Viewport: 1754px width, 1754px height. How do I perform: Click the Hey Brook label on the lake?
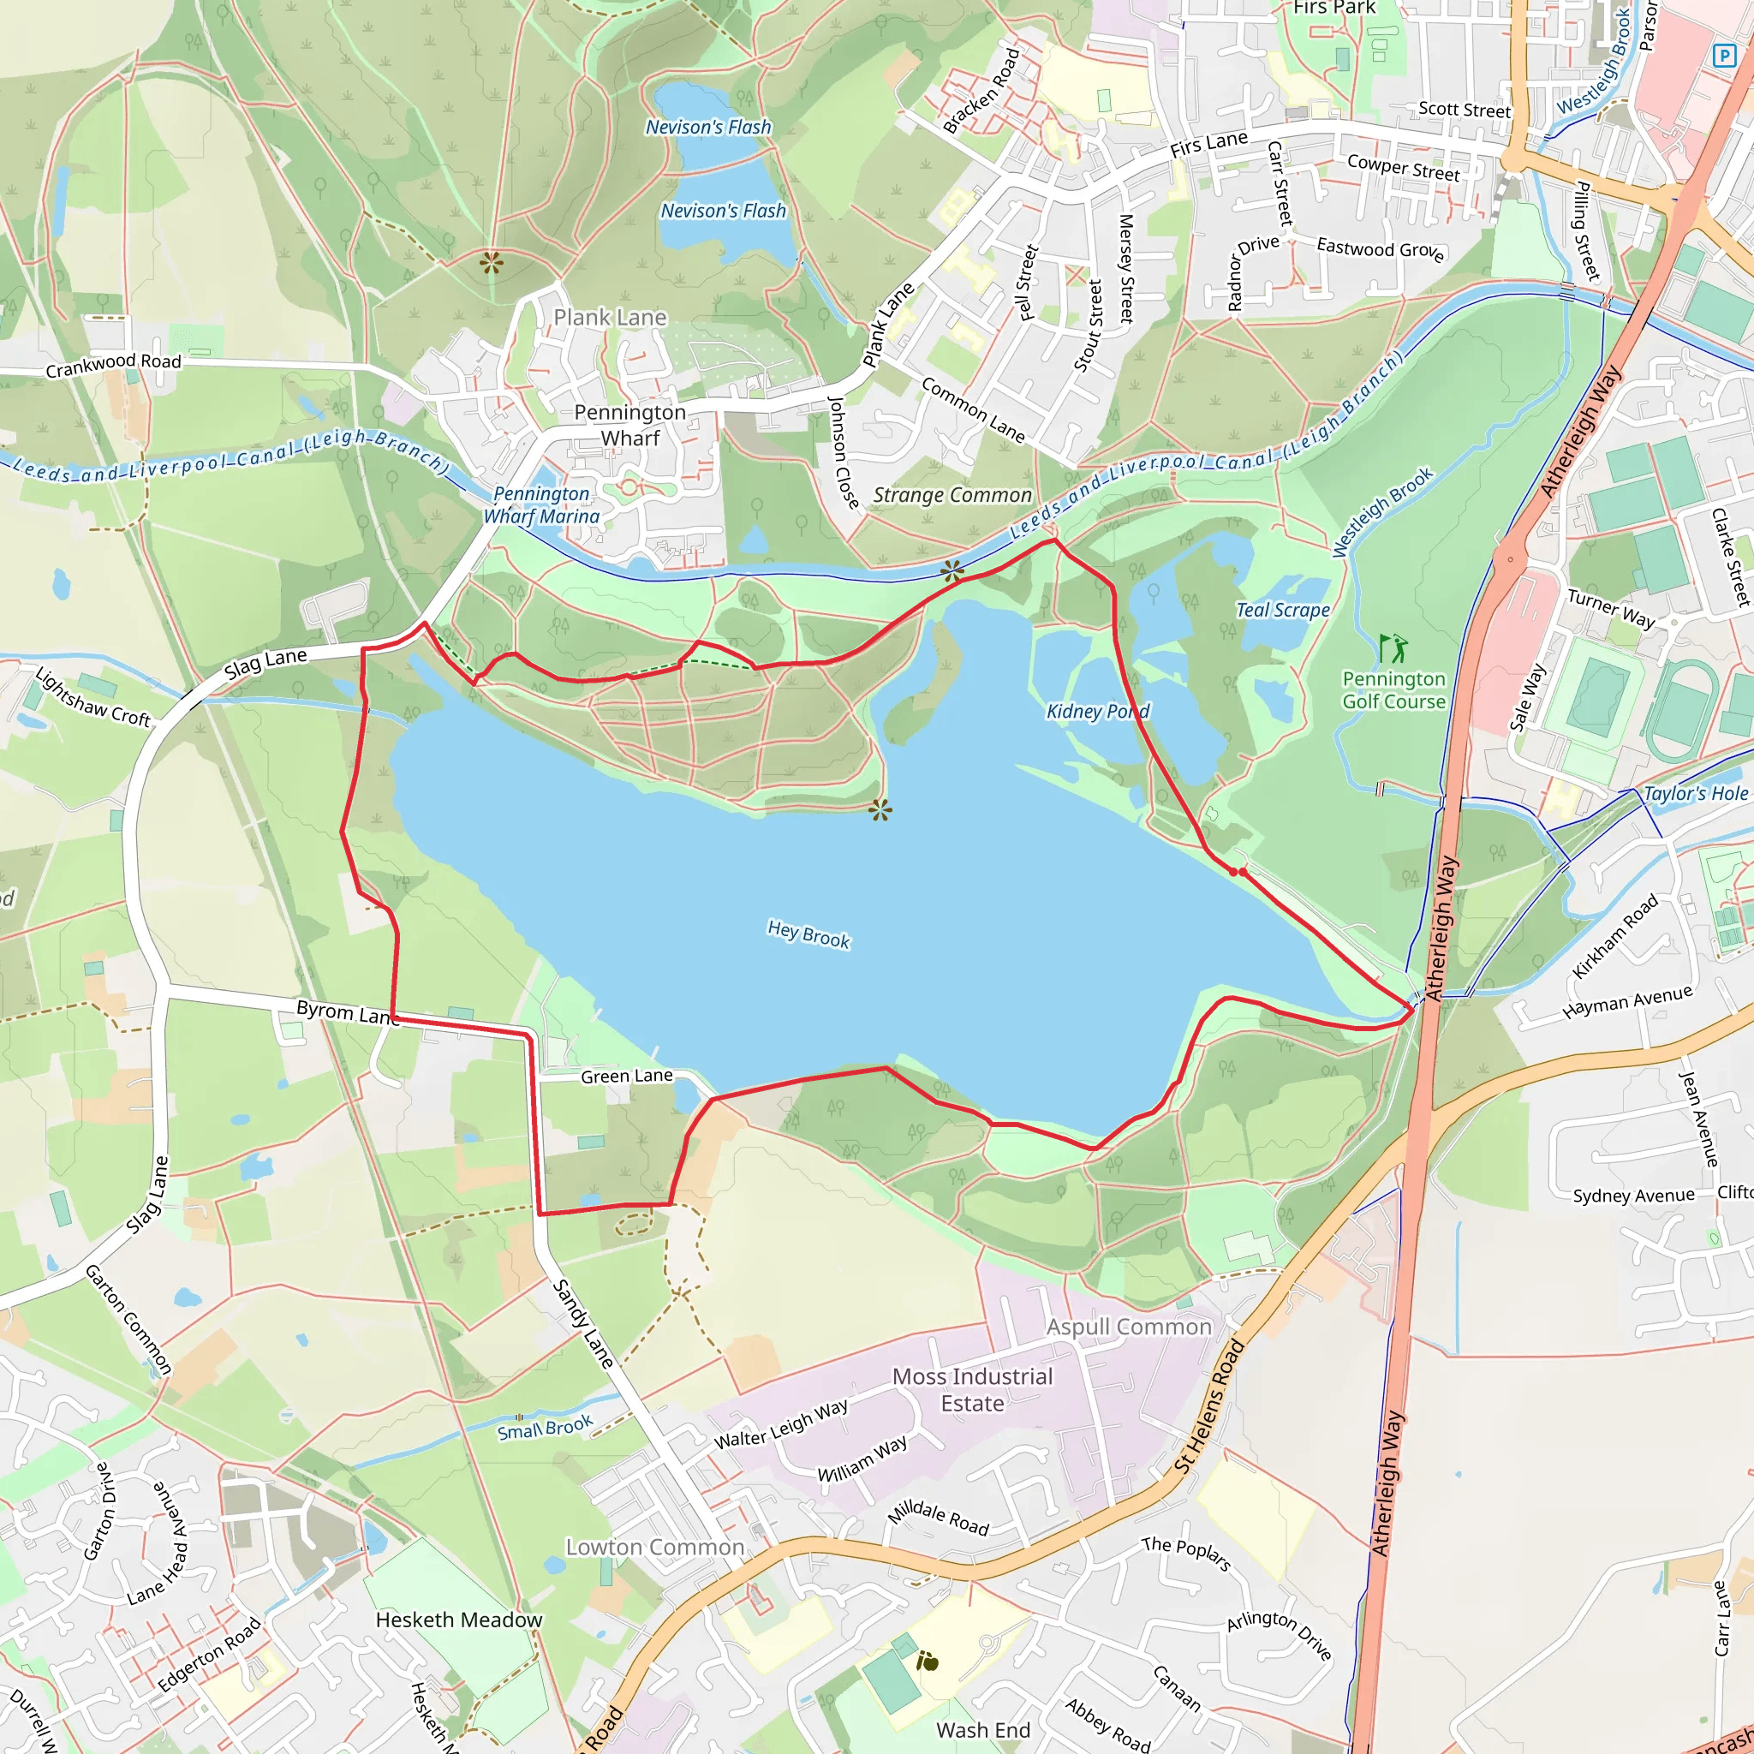pos(808,934)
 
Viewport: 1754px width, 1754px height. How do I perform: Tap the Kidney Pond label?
pos(1098,711)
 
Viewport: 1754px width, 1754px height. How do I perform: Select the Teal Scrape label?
pos(1282,610)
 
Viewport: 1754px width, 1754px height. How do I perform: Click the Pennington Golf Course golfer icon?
pos(1392,648)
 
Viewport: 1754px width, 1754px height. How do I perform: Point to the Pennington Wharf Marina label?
pos(541,504)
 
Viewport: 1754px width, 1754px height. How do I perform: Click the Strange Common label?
pos(952,495)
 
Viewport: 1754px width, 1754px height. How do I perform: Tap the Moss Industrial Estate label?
pos(972,1389)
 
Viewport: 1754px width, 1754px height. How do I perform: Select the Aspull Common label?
pos(1129,1327)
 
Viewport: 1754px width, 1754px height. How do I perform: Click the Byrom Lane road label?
pos(348,1012)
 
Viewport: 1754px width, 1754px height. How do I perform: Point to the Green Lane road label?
pos(626,1076)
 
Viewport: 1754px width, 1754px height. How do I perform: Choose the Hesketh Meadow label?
pos(458,1620)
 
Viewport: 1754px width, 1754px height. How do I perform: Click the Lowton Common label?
pos(654,1547)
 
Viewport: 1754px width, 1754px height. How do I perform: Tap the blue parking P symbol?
pos(1722,56)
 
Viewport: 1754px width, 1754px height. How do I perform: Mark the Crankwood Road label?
pos(114,365)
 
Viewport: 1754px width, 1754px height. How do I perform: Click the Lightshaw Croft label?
pos(92,696)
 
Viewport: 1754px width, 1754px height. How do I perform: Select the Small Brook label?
pos(545,1426)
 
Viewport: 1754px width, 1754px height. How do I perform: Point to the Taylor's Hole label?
pos(1696,793)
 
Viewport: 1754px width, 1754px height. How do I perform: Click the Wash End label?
pos(983,1729)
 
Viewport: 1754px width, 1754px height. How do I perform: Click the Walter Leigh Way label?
pos(781,1423)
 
